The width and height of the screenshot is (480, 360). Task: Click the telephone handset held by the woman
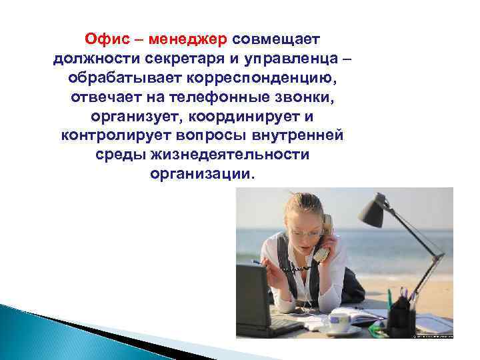tap(324, 237)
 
